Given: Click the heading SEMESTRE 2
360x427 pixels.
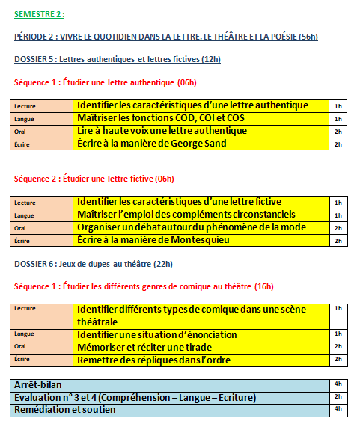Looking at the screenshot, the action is (x=40, y=14).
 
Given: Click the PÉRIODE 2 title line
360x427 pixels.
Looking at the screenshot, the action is (x=166, y=37).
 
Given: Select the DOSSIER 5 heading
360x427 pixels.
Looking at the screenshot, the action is (x=118, y=59).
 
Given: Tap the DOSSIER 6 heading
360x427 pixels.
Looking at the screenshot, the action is (x=94, y=263).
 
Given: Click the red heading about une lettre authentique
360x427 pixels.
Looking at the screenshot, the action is (x=106, y=82).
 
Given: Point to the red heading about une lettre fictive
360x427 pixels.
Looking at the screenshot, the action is (x=94, y=178).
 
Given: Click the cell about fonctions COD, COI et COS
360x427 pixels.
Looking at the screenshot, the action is (x=171, y=118).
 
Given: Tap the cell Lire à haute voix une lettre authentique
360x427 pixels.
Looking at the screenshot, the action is (x=162, y=131).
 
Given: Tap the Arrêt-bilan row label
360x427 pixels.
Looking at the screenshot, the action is (x=37, y=384).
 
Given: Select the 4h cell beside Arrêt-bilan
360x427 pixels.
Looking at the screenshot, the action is (x=338, y=384).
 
